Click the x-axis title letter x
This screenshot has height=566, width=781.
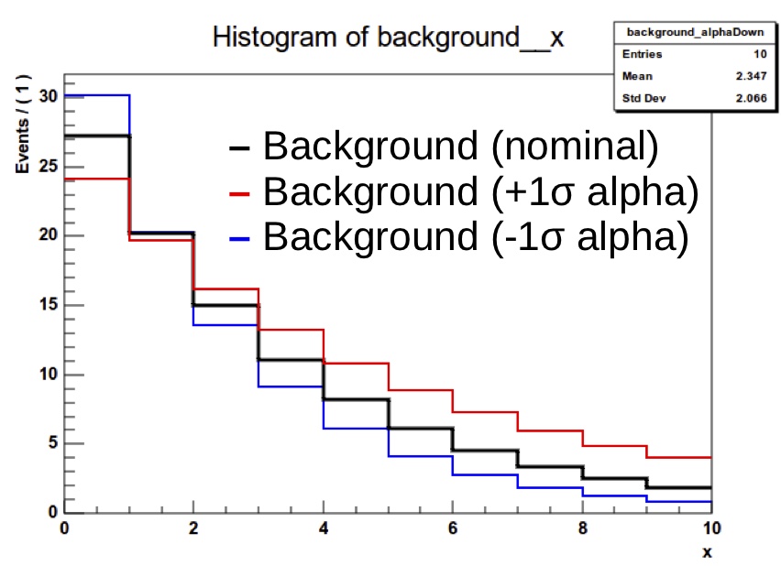[x=707, y=552]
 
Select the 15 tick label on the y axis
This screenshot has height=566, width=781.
[x=48, y=305]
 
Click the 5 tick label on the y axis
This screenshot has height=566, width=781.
[x=52, y=443]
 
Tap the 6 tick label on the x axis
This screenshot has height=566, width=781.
[x=453, y=529]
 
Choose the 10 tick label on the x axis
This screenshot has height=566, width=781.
[x=709, y=529]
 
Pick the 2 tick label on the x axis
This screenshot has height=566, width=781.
[x=193, y=529]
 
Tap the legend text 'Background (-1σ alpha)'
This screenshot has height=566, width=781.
[x=475, y=236]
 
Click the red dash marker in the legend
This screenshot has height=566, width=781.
[x=239, y=193]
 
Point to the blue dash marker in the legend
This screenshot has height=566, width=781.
[x=239, y=238]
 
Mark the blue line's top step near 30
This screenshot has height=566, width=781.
[x=97, y=95]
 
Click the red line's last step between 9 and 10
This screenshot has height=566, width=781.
[x=679, y=457]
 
